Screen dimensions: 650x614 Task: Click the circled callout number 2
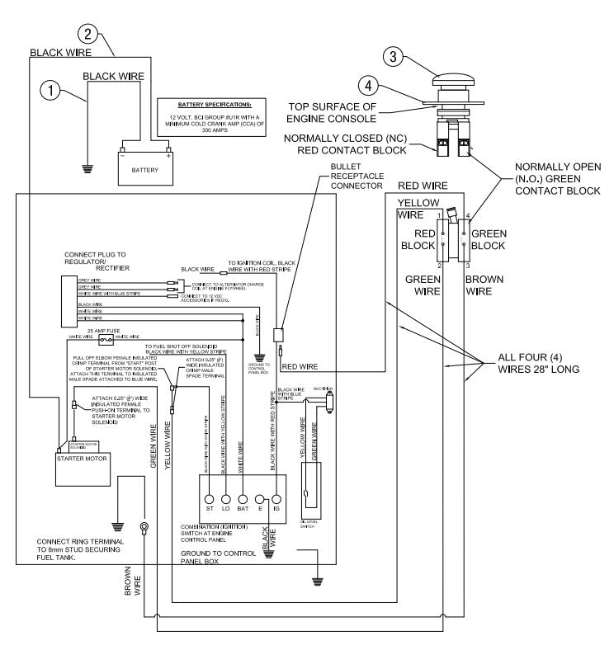88,34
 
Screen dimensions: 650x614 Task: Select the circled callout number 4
369,85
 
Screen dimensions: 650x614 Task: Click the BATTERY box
146,171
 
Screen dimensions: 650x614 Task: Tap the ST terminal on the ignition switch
209,499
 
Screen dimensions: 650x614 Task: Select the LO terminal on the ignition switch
225,499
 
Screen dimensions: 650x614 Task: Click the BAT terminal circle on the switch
243,499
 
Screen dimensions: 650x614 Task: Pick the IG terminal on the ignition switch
275,499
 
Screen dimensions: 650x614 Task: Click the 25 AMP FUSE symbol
105,339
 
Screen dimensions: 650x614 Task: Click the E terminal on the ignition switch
259,499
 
